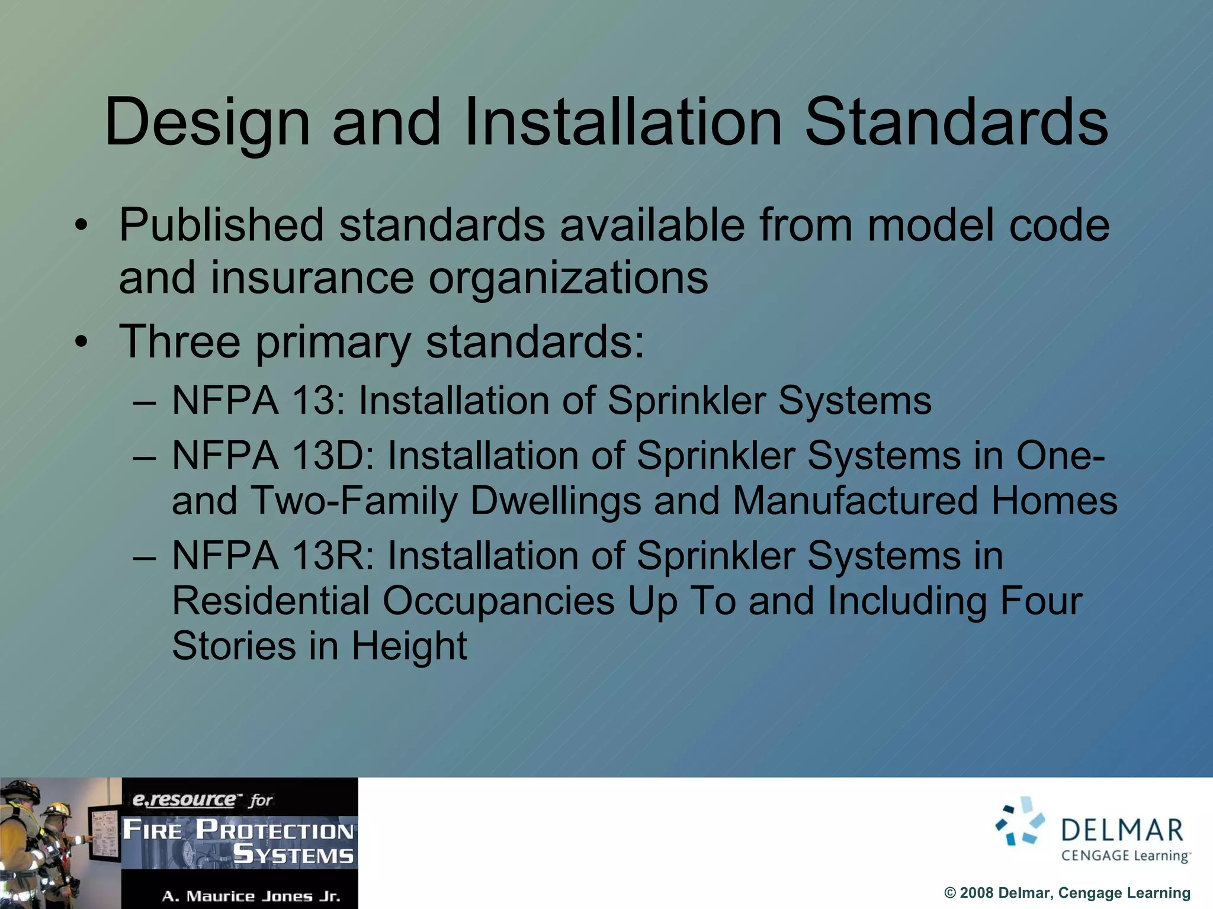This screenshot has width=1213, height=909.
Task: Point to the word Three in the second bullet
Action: pyautogui.click(x=180, y=341)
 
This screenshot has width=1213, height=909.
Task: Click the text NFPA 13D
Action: pyautogui.click(x=273, y=456)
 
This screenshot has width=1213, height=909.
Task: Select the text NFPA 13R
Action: pyautogui.click(x=273, y=556)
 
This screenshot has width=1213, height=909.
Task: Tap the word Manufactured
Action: pyautogui.click(x=855, y=501)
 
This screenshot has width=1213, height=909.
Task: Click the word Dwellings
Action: pyautogui.click(x=555, y=501)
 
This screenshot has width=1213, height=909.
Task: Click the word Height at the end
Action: pyautogui.click(x=409, y=646)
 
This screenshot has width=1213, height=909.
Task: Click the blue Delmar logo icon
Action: pyautogui.click(x=1020, y=821)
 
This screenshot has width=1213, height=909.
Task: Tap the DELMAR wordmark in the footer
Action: pyautogui.click(x=1122, y=830)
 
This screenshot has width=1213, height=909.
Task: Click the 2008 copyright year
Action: pyautogui.click(x=976, y=893)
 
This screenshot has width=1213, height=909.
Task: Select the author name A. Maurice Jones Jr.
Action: pyautogui.click(x=251, y=896)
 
